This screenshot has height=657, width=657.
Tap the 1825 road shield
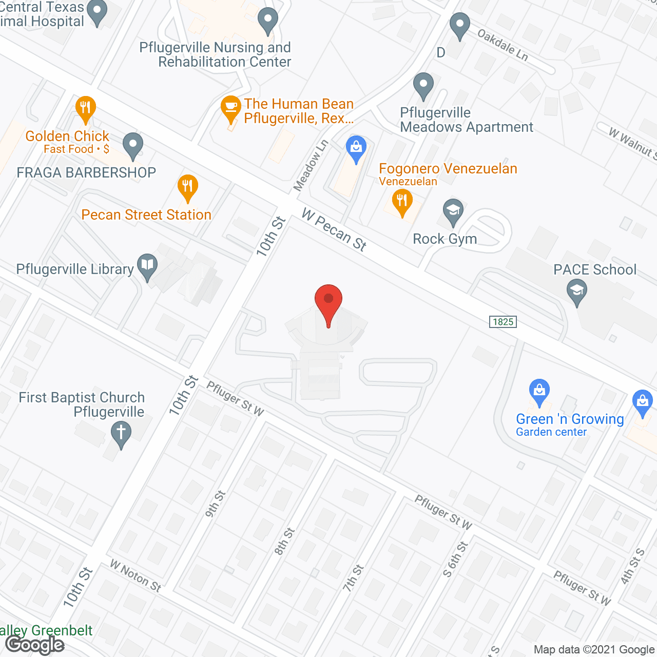coord(503,322)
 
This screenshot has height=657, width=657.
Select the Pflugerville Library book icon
coord(147,266)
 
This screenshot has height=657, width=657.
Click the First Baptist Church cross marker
coord(121,433)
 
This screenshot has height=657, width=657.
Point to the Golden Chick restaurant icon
coord(86,109)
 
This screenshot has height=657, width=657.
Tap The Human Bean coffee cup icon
coord(231,108)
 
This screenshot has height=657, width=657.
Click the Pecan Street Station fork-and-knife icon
coord(188,187)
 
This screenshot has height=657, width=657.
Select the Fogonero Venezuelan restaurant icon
coord(402,201)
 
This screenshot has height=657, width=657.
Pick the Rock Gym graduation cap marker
coord(453,211)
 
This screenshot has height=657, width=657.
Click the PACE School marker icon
coord(577,292)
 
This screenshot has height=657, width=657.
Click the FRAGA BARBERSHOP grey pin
coord(133,145)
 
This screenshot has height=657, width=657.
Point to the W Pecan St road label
coord(334,229)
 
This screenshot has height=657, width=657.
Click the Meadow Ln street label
coord(310,165)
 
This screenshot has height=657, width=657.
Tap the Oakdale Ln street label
coord(503,45)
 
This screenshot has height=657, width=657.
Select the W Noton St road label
coord(136,576)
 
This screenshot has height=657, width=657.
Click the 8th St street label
coord(284,542)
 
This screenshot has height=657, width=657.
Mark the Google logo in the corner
coord(35,645)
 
